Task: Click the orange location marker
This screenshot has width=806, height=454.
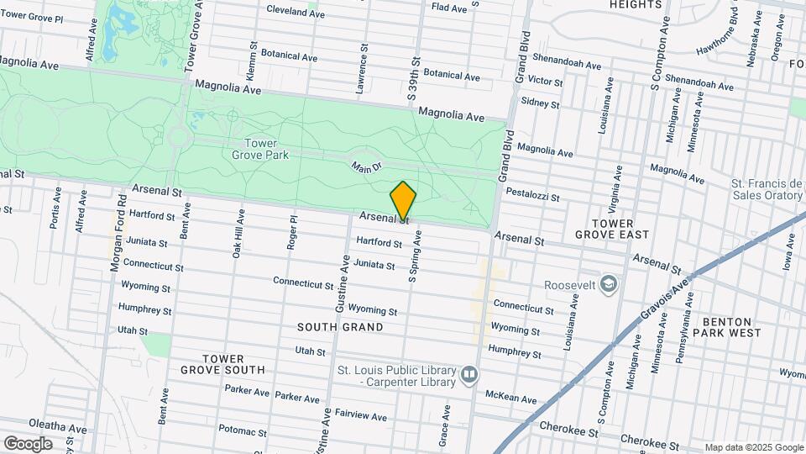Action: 403,200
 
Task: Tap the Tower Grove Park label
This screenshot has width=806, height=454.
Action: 260,148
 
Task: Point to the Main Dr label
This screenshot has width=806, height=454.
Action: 367,169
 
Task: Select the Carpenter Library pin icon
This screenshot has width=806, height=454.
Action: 468,372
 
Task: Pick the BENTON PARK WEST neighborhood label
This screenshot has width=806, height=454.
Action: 731,327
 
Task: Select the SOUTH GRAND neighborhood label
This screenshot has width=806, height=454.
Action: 341,327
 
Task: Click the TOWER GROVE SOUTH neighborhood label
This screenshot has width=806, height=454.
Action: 222,364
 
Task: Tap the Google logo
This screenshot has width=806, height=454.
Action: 28,443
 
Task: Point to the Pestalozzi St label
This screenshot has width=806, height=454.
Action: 532,195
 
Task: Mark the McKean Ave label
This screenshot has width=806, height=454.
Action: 511,397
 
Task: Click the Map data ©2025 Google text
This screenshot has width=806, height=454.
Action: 753,447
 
